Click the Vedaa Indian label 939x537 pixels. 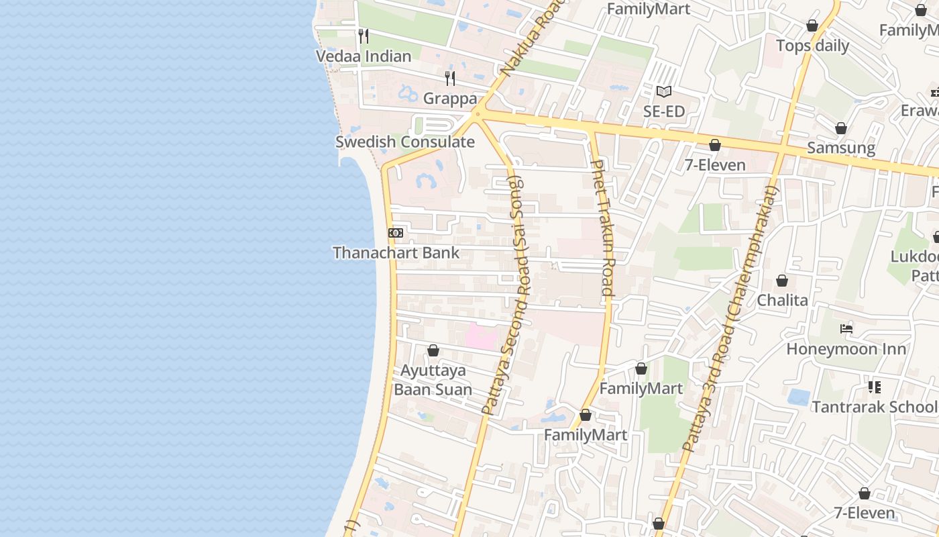[x=364, y=56]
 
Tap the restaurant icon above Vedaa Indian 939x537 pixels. [x=364, y=36]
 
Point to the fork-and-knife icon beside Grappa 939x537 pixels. [x=450, y=79]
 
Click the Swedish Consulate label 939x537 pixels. [x=405, y=142]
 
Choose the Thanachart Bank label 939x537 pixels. [x=396, y=252]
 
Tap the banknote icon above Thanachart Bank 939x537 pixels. [x=396, y=232]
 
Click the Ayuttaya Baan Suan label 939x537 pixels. [x=433, y=380]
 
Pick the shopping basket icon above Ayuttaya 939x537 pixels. [x=433, y=350]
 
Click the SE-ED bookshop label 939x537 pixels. [x=664, y=111]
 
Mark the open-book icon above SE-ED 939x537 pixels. [x=664, y=91]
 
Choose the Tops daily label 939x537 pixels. [x=812, y=46]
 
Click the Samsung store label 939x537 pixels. [x=841, y=148]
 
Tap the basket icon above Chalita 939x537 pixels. [x=782, y=281]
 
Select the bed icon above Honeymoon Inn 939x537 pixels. [x=846, y=329]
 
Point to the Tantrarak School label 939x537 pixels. [x=874, y=407]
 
